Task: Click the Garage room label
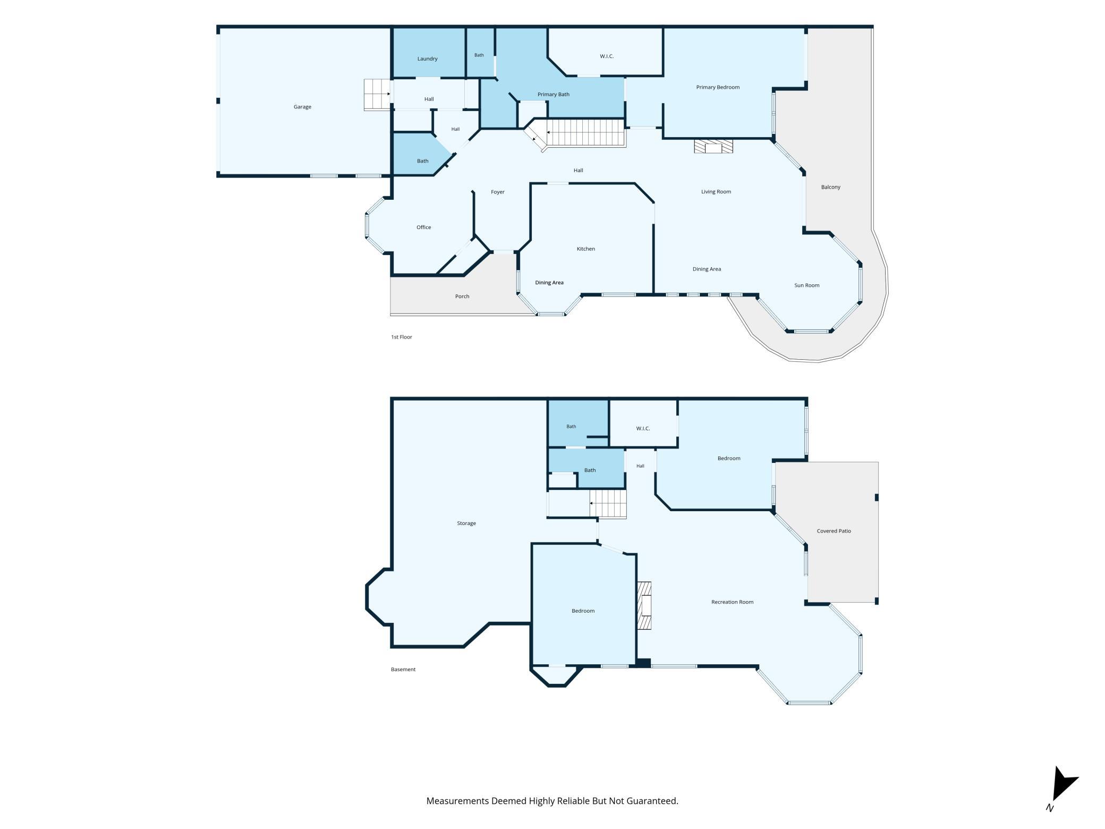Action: [x=302, y=107]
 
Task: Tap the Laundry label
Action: [x=427, y=58]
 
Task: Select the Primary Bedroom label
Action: [x=718, y=87]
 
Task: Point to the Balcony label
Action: [x=830, y=187]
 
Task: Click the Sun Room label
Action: [x=806, y=285]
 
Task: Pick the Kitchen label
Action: [x=586, y=249]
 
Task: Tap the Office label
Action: [x=423, y=227]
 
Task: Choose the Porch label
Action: [x=462, y=297]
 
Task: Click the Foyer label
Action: [x=498, y=192]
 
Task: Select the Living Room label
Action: [x=716, y=192]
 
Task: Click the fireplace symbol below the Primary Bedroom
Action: [x=713, y=146]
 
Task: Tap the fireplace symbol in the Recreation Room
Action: [x=644, y=605]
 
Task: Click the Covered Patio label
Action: [x=834, y=531]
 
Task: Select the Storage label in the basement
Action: [x=466, y=523]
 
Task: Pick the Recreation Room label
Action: [x=732, y=602]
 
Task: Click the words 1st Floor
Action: [x=402, y=337]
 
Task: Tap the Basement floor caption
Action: [x=403, y=670]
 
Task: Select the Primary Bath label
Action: [x=553, y=95]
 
